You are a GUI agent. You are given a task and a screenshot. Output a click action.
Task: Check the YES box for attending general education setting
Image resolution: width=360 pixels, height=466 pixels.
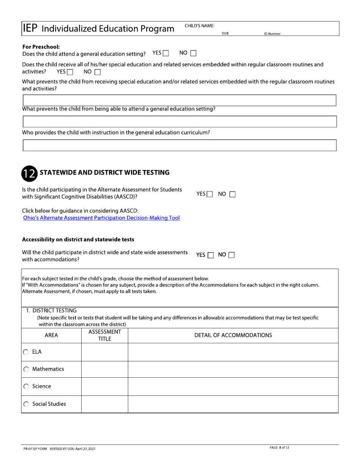click(x=166, y=54)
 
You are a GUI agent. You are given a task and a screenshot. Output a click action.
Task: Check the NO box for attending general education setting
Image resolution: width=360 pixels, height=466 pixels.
click(x=193, y=54)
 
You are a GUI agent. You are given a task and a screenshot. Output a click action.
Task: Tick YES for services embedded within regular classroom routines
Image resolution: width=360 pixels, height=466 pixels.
click(x=69, y=72)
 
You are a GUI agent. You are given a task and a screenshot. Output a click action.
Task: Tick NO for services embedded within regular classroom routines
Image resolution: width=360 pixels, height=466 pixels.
click(x=97, y=72)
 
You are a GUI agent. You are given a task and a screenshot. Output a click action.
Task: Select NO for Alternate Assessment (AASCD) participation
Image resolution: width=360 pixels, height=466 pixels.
click(x=232, y=194)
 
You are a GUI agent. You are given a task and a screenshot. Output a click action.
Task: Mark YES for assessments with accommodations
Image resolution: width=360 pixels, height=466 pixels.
click(x=211, y=255)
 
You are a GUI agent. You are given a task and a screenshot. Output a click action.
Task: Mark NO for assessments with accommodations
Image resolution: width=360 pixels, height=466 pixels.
click(x=232, y=255)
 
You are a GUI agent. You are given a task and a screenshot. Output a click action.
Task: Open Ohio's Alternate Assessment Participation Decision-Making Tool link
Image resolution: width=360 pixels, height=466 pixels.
click(x=101, y=218)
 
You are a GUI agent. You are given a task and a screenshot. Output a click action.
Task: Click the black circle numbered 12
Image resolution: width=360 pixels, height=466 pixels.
click(x=29, y=173)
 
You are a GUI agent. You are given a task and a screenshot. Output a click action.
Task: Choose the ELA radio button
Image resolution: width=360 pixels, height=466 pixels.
click(x=26, y=352)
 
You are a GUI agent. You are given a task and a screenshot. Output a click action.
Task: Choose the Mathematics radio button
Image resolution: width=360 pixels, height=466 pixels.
click(x=26, y=369)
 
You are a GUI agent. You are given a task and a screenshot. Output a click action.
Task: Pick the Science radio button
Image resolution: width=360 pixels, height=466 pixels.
click(x=26, y=387)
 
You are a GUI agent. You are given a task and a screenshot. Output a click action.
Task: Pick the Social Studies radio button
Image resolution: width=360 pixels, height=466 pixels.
click(x=26, y=404)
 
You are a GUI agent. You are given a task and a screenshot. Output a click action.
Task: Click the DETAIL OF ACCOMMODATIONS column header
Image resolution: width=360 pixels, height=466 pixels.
click(x=233, y=335)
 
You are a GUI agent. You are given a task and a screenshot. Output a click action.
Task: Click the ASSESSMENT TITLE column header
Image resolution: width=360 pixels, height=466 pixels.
click(x=105, y=335)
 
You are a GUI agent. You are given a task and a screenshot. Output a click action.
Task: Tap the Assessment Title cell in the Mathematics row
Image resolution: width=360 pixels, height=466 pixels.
click(x=105, y=369)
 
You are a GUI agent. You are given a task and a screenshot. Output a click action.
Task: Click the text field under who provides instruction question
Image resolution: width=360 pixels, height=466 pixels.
click(x=180, y=145)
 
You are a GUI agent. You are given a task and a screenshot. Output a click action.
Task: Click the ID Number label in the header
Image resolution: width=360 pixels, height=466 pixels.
click(x=272, y=34)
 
